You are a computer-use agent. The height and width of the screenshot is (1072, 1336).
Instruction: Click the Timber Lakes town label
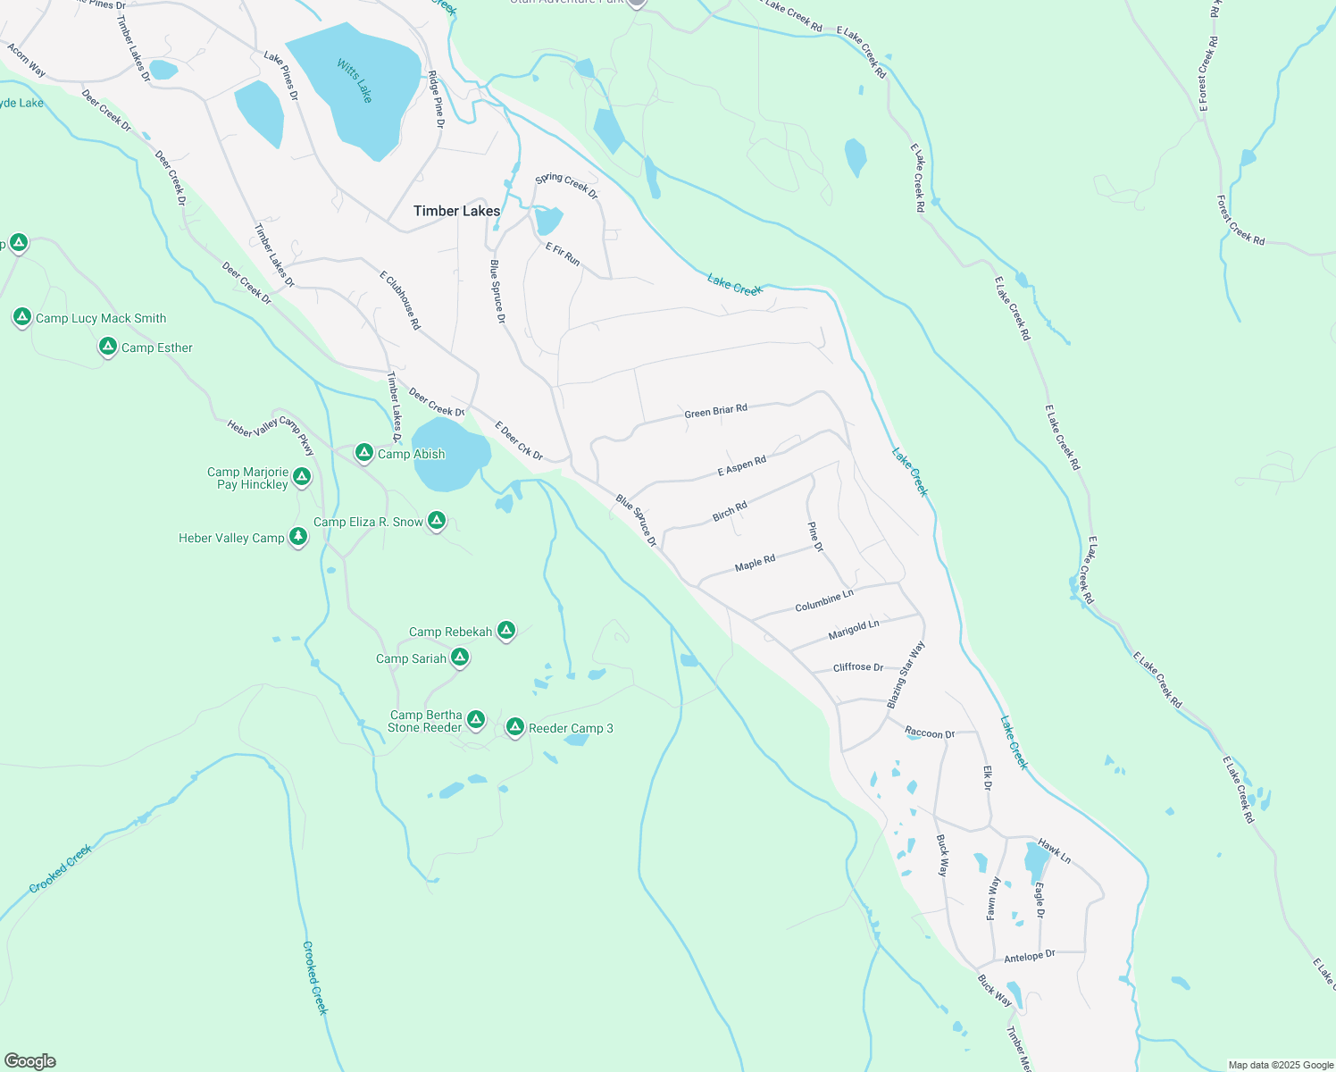[x=456, y=211]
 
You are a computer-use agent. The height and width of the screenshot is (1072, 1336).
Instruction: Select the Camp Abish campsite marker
[x=364, y=453]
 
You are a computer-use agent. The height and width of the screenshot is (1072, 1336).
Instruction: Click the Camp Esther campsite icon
[x=108, y=347]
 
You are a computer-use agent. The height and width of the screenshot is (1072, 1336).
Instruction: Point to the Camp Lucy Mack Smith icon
[x=22, y=316]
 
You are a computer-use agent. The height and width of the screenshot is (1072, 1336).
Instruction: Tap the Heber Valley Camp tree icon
[x=298, y=537]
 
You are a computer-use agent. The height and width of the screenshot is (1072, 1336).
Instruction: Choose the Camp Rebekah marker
[x=506, y=631]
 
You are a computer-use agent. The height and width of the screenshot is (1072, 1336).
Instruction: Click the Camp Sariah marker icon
[x=460, y=657]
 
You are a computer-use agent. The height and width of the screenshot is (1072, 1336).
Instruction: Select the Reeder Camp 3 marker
[x=515, y=727]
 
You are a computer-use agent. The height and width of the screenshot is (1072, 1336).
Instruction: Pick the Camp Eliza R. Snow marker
[x=437, y=521]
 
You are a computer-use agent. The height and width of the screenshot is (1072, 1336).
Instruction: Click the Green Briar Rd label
[x=715, y=412]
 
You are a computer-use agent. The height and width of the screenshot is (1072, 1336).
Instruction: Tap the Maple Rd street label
[x=755, y=563]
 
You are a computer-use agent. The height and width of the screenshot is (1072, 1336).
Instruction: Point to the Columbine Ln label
[x=823, y=600]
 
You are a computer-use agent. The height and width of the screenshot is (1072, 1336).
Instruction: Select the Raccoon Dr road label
[x=930, y=733]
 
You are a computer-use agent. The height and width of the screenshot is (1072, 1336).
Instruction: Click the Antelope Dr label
[x=1029, y=956]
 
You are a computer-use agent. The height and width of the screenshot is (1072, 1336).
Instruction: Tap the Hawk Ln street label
[x=1054, y=850]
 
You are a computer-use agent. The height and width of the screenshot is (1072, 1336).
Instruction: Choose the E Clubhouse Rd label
[x=400, y=301]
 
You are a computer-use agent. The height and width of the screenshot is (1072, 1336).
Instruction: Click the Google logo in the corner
[x=30, y=1061]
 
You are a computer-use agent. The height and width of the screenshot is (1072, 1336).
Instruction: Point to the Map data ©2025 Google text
[x=1280, y=1065]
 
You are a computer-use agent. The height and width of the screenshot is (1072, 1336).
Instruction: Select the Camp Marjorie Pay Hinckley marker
[x=302, y=477]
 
